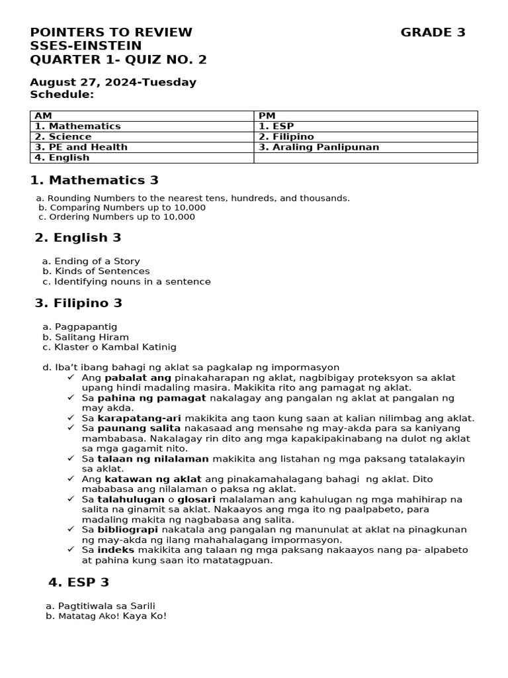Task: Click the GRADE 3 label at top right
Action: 433,32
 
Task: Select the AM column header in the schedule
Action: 44,116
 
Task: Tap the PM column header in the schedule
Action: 267,116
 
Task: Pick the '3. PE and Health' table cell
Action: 81,147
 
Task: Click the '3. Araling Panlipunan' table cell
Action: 319,147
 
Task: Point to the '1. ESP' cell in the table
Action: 276,126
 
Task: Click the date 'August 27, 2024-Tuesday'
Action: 113,83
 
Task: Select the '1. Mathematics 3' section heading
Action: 95,180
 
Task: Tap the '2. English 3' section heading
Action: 78,238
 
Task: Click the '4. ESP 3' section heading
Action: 79,583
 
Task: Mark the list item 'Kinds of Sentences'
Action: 102,271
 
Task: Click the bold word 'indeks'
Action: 116,550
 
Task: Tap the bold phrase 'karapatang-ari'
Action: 140,418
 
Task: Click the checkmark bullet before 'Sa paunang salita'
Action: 71,428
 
